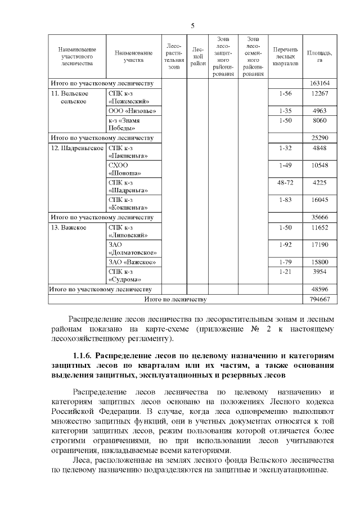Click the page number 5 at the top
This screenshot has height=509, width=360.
click(x=193, y=26)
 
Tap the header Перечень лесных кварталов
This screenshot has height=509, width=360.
click(x=285, y=56)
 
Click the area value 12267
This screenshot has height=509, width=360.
click(x=319, y=93)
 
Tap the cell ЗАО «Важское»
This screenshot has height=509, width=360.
click(x=132, y=262)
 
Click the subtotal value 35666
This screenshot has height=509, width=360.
click(x=319, y=217)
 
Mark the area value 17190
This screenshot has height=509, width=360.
click(x=319, y=245)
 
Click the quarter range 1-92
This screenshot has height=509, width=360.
click(x=285, y=245)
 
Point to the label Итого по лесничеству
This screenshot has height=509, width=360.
click(x=175, y=299)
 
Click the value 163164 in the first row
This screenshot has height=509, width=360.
click(x=319, y=83)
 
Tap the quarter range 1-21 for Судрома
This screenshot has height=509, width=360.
click(x=285, y=272)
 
